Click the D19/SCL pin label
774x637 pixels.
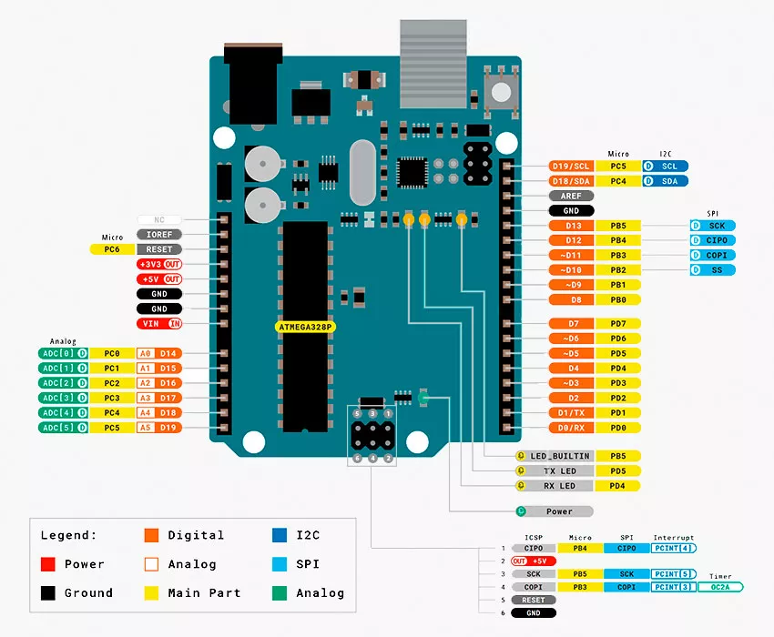tap(571, 167)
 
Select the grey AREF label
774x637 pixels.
tap(571, 196)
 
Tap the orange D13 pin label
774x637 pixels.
tap(572, 226)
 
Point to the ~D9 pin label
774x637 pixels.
tap(572, 285)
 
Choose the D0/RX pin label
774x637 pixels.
tap(572, 427)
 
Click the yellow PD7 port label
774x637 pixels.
tap(618, 324)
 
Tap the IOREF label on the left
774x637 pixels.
tap(159, 234)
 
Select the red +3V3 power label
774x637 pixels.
tap(159, 264)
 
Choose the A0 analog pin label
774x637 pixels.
tap(145, 353)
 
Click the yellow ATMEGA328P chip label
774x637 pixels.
tap(304, 325)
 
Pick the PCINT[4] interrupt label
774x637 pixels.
tap(674, 548)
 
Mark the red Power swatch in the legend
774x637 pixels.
tap(49, 564)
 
